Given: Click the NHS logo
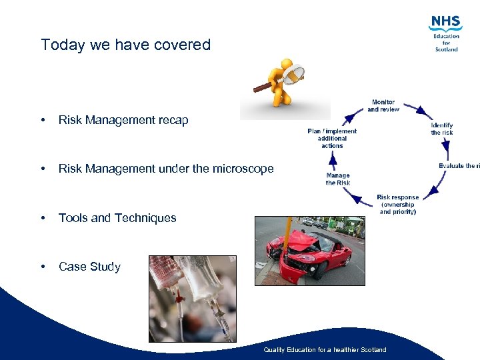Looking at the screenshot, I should pos(446,23).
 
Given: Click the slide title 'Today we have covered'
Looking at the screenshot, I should pos(125,45).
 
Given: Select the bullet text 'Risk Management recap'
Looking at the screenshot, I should pos(123,120).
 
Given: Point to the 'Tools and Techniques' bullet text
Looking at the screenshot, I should pos(117,217).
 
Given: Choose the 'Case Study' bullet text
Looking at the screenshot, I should pos(89,267).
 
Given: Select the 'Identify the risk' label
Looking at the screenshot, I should pos(441,129).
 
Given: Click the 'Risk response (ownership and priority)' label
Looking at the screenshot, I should pos(397,205).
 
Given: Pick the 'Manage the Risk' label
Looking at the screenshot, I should pos(338,179).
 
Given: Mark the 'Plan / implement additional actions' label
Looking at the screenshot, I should pos(332,138).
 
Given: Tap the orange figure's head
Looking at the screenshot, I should pos(287,65).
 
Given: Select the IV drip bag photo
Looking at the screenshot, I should pos(193,299).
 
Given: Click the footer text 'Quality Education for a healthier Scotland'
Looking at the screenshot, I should pos(325,349).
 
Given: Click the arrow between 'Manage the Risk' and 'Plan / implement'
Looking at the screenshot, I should pos(333,159).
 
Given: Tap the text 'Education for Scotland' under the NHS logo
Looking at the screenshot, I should pos(447,43).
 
